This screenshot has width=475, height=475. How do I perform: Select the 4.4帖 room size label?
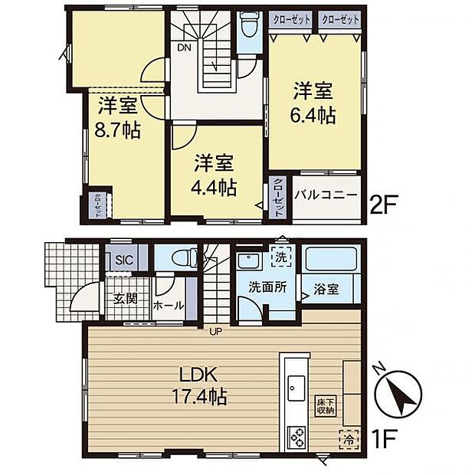(x=215, y=186)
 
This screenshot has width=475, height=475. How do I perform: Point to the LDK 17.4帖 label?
(x=200, y=388)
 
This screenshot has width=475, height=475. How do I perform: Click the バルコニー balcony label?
(x=326, y=195)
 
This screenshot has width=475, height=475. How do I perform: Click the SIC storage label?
(x=124, y=260)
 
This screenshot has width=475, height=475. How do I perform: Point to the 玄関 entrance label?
(x=126, y=298)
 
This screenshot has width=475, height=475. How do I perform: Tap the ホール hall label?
(x=169, y=305)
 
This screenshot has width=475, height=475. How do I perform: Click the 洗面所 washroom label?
(x=267, y=288)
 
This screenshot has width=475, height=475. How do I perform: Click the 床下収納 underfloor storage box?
(x=326, y=406)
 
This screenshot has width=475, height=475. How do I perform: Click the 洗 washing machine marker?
(x=281, y=257)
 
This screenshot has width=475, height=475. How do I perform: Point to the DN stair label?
(x=184, y=47)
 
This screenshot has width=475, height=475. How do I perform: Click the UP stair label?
(x=218, y=331)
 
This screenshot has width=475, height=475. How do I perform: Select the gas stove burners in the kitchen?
(x=296, y=438)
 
